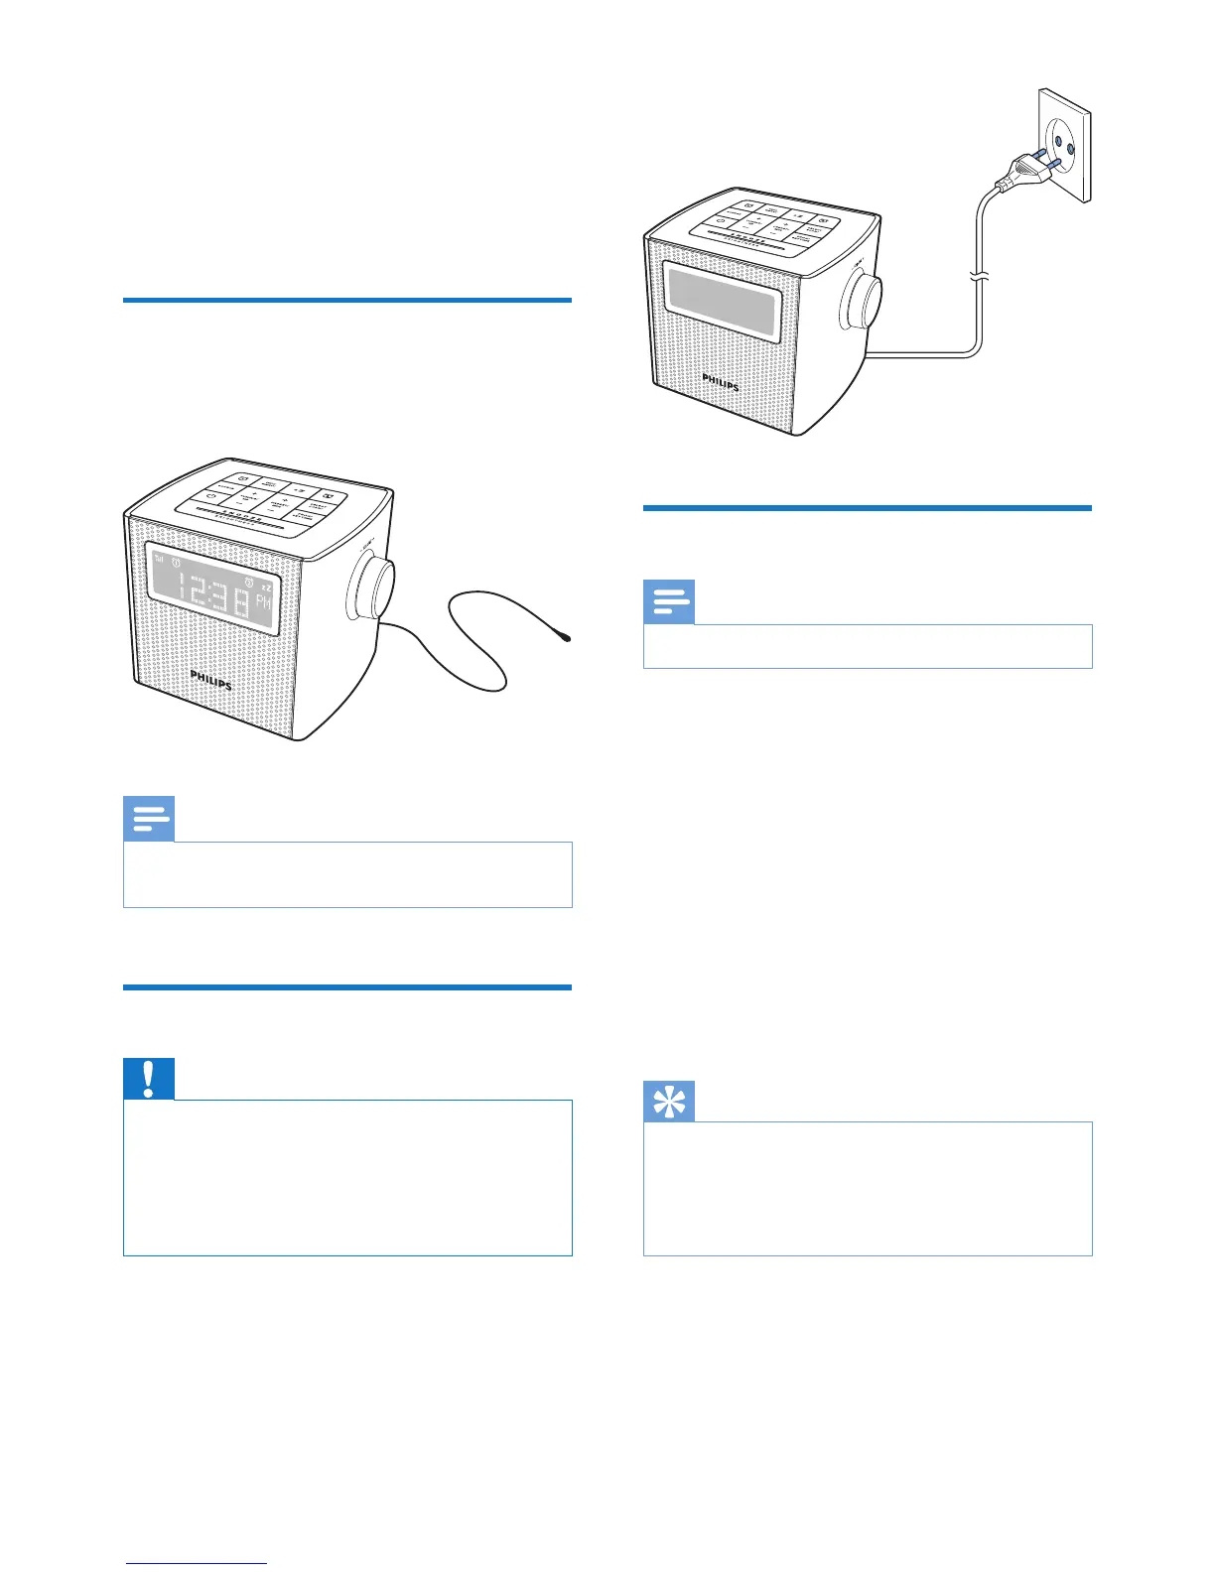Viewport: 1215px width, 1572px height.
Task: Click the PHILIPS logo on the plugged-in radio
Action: coord(721,382)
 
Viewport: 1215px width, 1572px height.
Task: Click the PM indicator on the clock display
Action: coord(263,601)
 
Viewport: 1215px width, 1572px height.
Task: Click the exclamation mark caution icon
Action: coord(149,1079)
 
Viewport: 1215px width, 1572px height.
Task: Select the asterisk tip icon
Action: coord(669,1102)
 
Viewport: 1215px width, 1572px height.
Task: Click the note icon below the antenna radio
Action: coord(149,819)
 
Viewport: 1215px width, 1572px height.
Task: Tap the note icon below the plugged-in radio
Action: coord(669,601)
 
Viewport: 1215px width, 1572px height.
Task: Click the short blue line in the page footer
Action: coord(197,1563)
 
